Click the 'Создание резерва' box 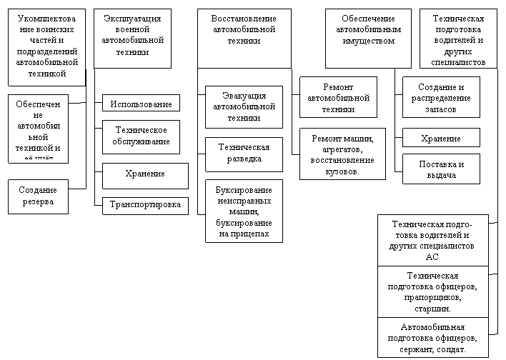click(38, 196)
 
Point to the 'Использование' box click(141, 104)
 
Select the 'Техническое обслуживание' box click(141, 136)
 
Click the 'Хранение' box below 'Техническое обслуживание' click(145, 174)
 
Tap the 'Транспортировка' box click(145, 205)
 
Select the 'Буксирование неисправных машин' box click(244, 211)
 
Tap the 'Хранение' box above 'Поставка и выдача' click(441, 139)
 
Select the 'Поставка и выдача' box click(441, 170)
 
